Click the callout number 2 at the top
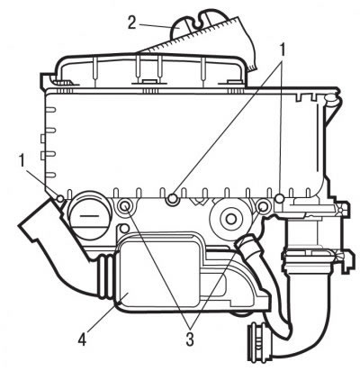point(131,23)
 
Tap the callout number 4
point(82,338)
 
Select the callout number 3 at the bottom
point(190,339)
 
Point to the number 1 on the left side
point(22,160)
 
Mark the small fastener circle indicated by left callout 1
point(60,198)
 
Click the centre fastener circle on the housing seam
point(172,199)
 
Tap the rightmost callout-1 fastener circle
point(280,198)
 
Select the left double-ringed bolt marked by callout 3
point(124,206)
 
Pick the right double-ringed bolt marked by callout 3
point(263,206)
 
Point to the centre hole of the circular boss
point(230,219)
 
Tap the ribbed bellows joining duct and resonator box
point(105,277)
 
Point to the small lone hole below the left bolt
point(122,229)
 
